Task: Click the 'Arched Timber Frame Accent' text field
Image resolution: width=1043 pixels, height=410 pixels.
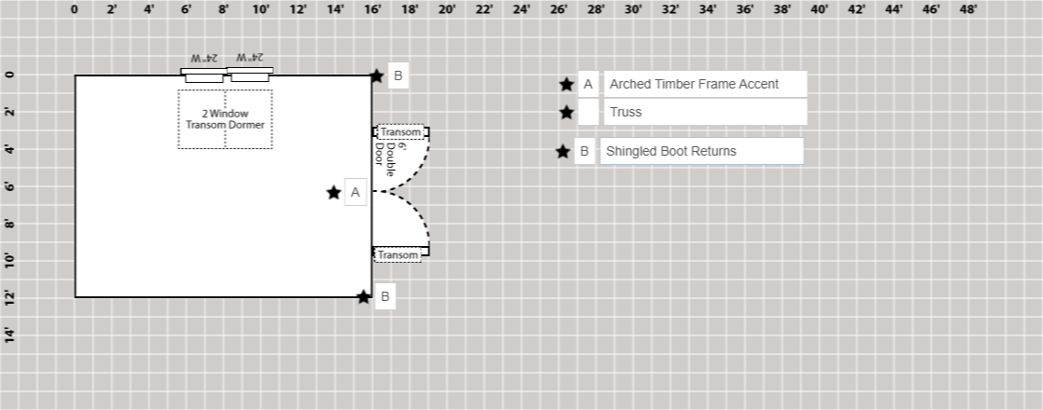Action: pyautogui.click(x=705, y=84)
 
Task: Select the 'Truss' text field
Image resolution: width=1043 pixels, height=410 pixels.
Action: pyautogui.click(x=705, y=112)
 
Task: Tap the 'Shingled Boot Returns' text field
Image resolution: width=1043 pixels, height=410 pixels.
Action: pyautogui.click(x=701, y=151)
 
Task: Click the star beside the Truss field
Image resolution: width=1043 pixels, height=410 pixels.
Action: pyautogui.click(x=566, y=113)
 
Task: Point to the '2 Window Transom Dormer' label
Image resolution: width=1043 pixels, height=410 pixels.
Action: pyautogui.click(x=225, y=119)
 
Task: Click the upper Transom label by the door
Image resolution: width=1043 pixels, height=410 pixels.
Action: pyautogui.click(x=400, y=132)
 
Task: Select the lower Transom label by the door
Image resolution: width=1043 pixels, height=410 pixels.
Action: pyautogui.click(x=398, y=254)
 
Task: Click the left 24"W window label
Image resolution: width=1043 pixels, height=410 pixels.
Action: pyautogui.click(x=204, y=59)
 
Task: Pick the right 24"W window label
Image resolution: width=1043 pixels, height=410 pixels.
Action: pyautogui.click(x=250, y=59)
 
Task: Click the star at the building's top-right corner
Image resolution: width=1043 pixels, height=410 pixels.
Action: pyautogui.click(x=376, y=76)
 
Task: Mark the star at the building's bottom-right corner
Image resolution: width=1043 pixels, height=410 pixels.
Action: pyautogui.click(x=364, y=297)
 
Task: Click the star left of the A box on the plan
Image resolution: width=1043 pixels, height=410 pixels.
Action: pyautogui.click(x=333, y=193)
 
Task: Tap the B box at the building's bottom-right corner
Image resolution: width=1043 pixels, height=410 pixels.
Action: pyautogui.click(x=386, y=297)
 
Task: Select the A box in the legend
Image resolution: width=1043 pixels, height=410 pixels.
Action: pyautogui.click(x=588, y=84)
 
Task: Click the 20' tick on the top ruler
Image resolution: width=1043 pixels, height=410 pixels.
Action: pyautogui.click(x=447, y=10)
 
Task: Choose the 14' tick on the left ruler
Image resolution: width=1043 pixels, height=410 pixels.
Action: pyautogui.click(x=10, y=335)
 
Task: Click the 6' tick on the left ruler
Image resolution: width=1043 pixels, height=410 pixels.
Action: pyautogui.click(x=10, y=186)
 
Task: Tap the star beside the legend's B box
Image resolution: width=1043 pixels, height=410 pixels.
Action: pyautogui.click(x=562, y=152)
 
